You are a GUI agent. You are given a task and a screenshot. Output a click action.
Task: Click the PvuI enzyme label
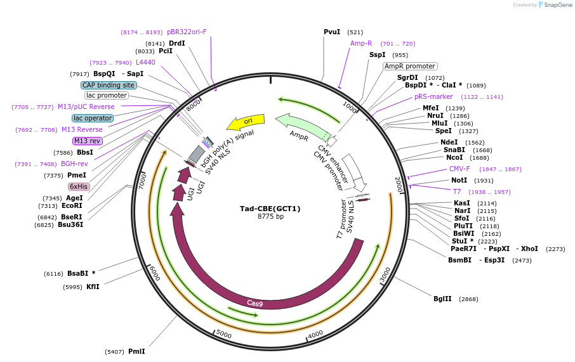click(x=332, y=32)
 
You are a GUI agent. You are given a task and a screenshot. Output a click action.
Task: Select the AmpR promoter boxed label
click(x=410, y=66)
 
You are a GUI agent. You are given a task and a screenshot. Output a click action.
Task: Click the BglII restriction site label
click(x=442, y=299)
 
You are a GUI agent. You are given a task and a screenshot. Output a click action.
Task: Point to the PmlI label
click(x=136, y=351)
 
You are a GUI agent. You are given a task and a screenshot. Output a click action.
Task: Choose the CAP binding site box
click(x=109, y=85)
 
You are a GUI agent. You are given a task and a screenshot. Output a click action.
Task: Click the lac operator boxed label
click(x=93, y=118)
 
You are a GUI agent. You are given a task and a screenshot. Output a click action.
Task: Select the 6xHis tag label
click(x=79, y=186)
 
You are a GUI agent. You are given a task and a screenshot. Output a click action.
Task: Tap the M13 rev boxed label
click(x=87, y=141)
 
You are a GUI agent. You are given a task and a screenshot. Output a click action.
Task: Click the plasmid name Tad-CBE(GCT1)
click(x=270, y=209)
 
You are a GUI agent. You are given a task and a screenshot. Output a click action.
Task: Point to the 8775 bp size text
click(x=270, y=217)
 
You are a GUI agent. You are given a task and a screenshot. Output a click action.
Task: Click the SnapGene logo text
click(x=556, y=5)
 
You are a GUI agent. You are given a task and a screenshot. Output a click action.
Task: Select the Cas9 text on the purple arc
click(x=254, y=304)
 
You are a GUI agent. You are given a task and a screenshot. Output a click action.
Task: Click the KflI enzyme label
click(x=93, y=287)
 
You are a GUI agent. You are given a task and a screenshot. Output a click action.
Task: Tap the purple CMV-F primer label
click(x=459, y=169)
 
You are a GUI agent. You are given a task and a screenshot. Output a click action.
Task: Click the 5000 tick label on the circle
click(x=223, y=333)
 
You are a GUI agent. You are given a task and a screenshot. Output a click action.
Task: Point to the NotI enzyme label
click(x=459, y=180)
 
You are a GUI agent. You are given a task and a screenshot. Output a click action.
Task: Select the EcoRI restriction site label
click(x=72, y=205)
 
